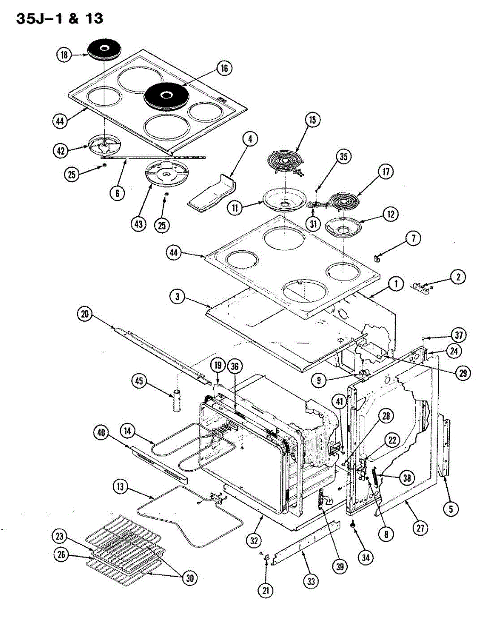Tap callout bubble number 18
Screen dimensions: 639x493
coord(65,55)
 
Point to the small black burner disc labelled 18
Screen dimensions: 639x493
coord(105,50)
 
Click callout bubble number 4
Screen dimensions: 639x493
coord(249,140)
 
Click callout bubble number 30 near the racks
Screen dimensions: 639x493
coord(189,579)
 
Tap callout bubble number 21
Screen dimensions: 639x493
coord(265,589)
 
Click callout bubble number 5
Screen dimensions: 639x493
coord(450,509)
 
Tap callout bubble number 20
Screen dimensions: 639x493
coord(83,315)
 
